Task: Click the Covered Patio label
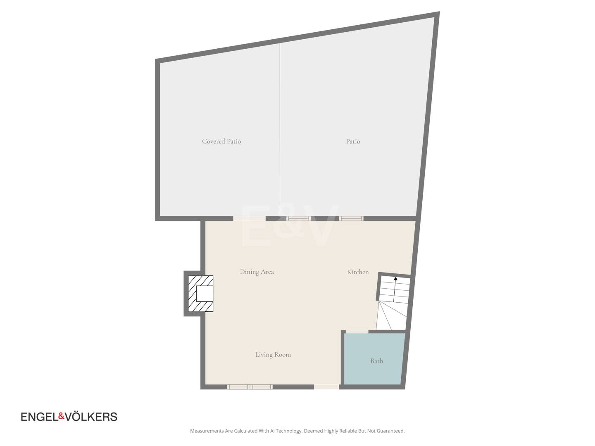pos(221,141)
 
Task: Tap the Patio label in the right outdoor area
pos(353,141)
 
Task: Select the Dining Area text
pos(257,272)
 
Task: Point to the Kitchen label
pos(358,272)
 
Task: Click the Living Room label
pos(273,354)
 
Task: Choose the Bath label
pos(376,361)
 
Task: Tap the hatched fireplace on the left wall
pos(201,294)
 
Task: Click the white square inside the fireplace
pos(205,294)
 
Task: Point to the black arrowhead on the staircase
pos(395,278)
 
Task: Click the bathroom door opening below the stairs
pos(357,332)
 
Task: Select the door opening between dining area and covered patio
pos(250,218)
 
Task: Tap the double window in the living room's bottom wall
pos(250,387)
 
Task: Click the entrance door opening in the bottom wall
pos(327,387)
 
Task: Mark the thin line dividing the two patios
pos(280,130)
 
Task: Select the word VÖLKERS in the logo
pos(91,417)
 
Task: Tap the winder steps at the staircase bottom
pos(391,316)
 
